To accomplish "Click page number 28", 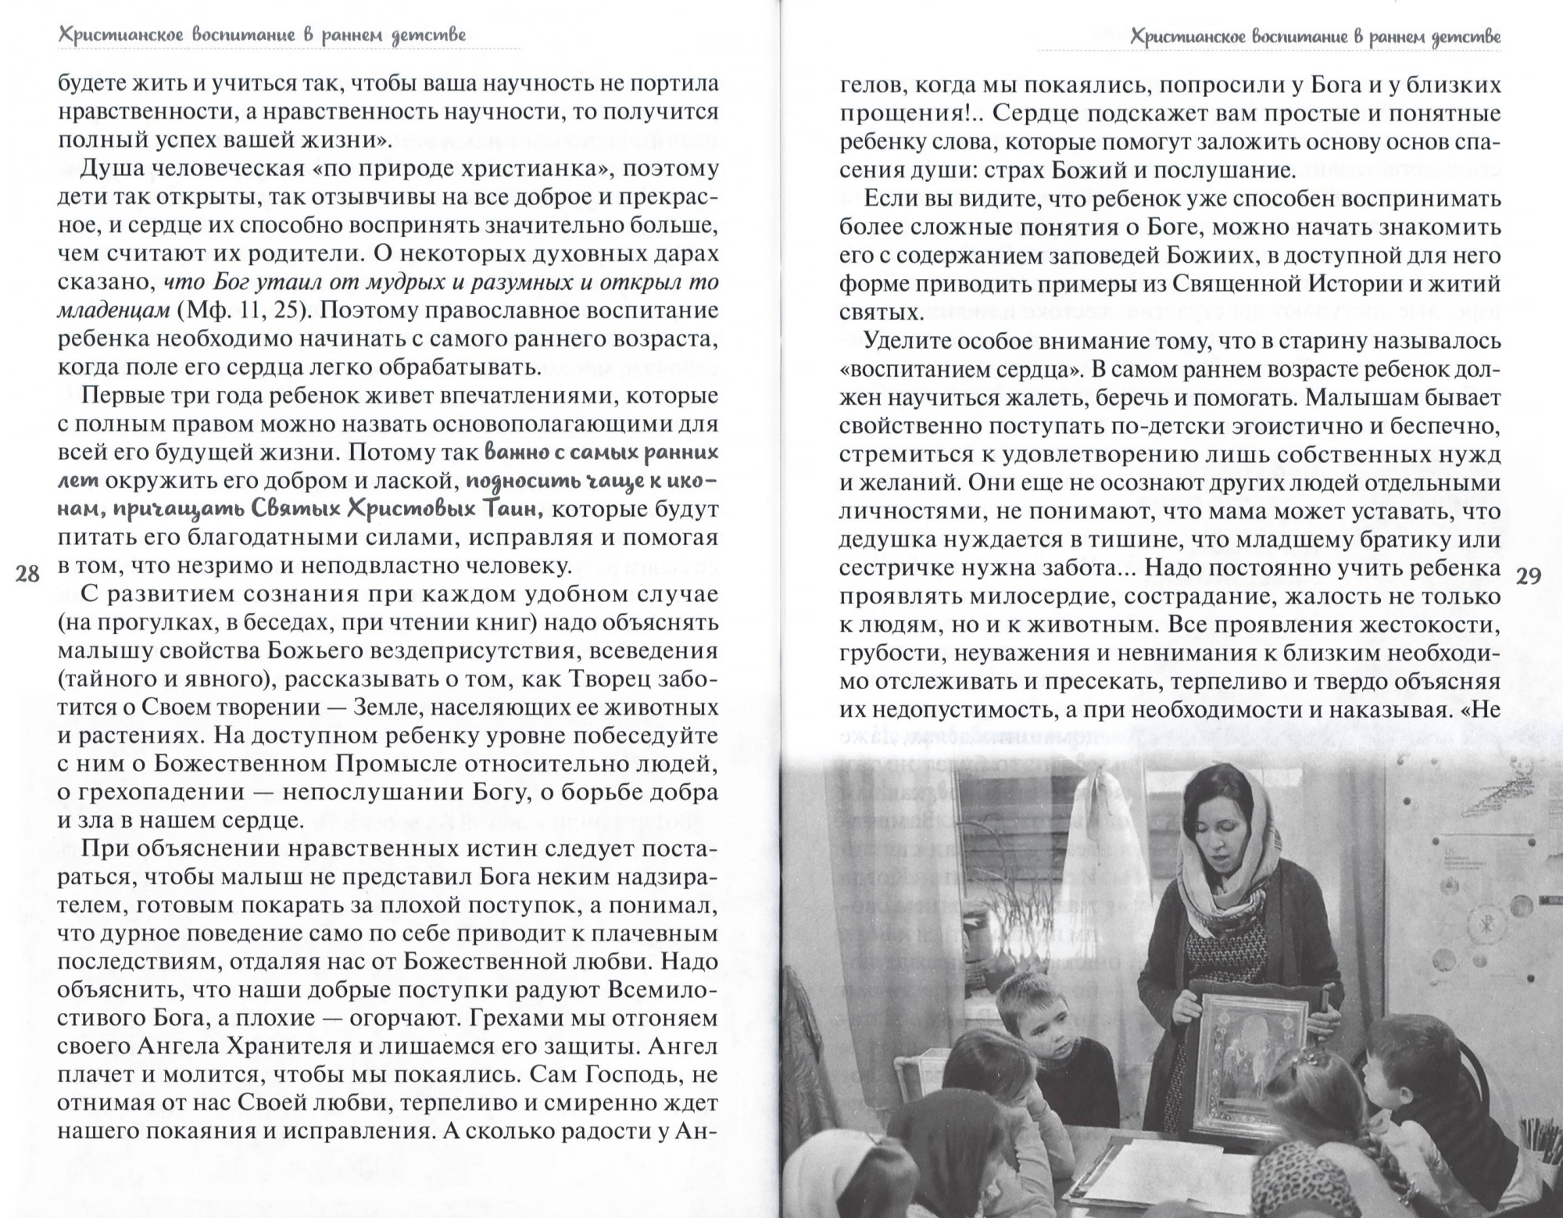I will [27, 575].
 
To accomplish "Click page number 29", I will [1528, 577].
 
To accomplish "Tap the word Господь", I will [620, 1075].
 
